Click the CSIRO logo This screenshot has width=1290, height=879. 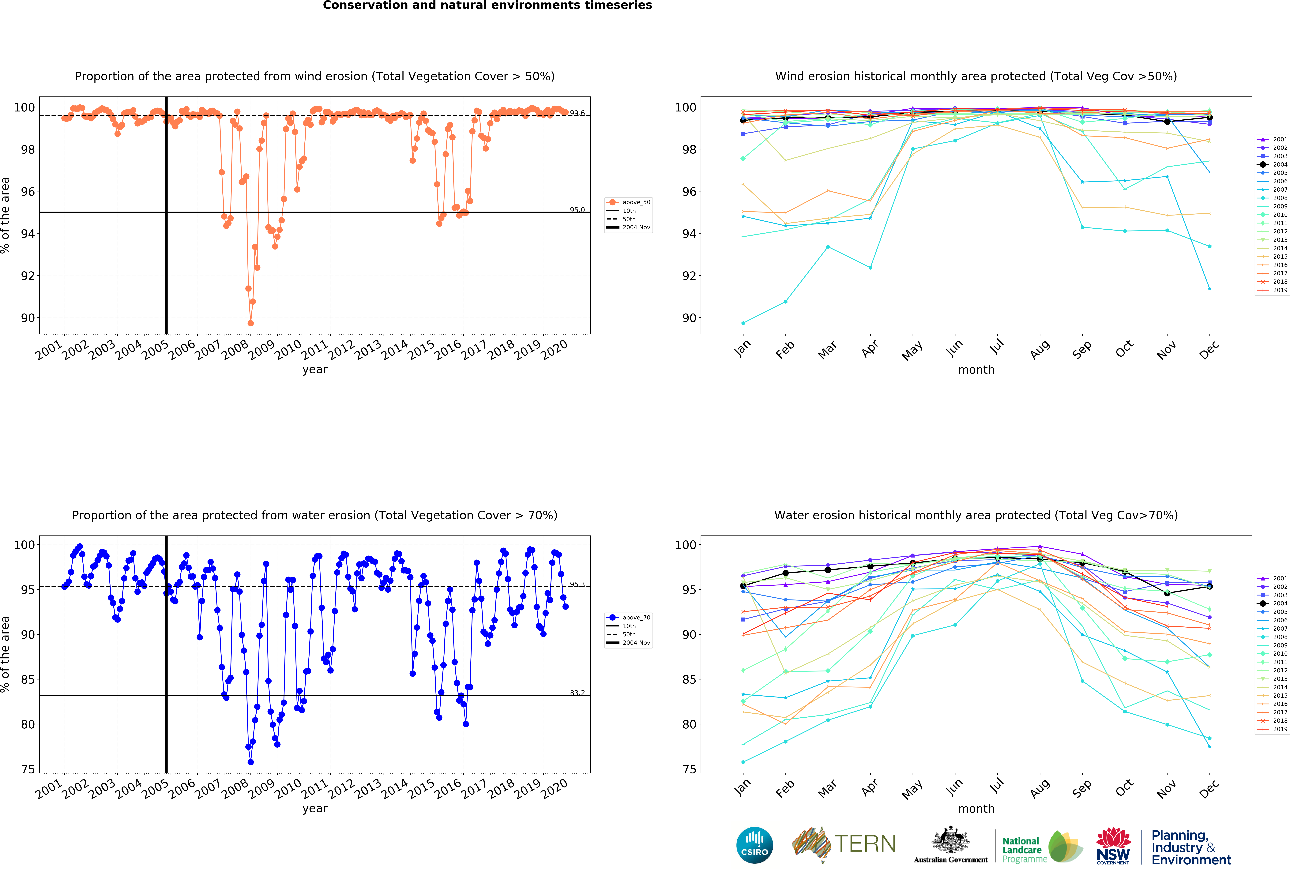pos(754,845)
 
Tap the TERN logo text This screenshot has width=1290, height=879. pos(865,844)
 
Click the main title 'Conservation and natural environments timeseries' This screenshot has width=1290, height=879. pos(487,6)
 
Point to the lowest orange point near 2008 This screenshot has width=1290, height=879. pos(250,323)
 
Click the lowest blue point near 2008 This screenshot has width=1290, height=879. pos(250,762)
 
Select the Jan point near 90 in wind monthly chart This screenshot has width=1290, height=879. pos(743,323)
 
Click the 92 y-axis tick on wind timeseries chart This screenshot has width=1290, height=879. pos(28,276)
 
